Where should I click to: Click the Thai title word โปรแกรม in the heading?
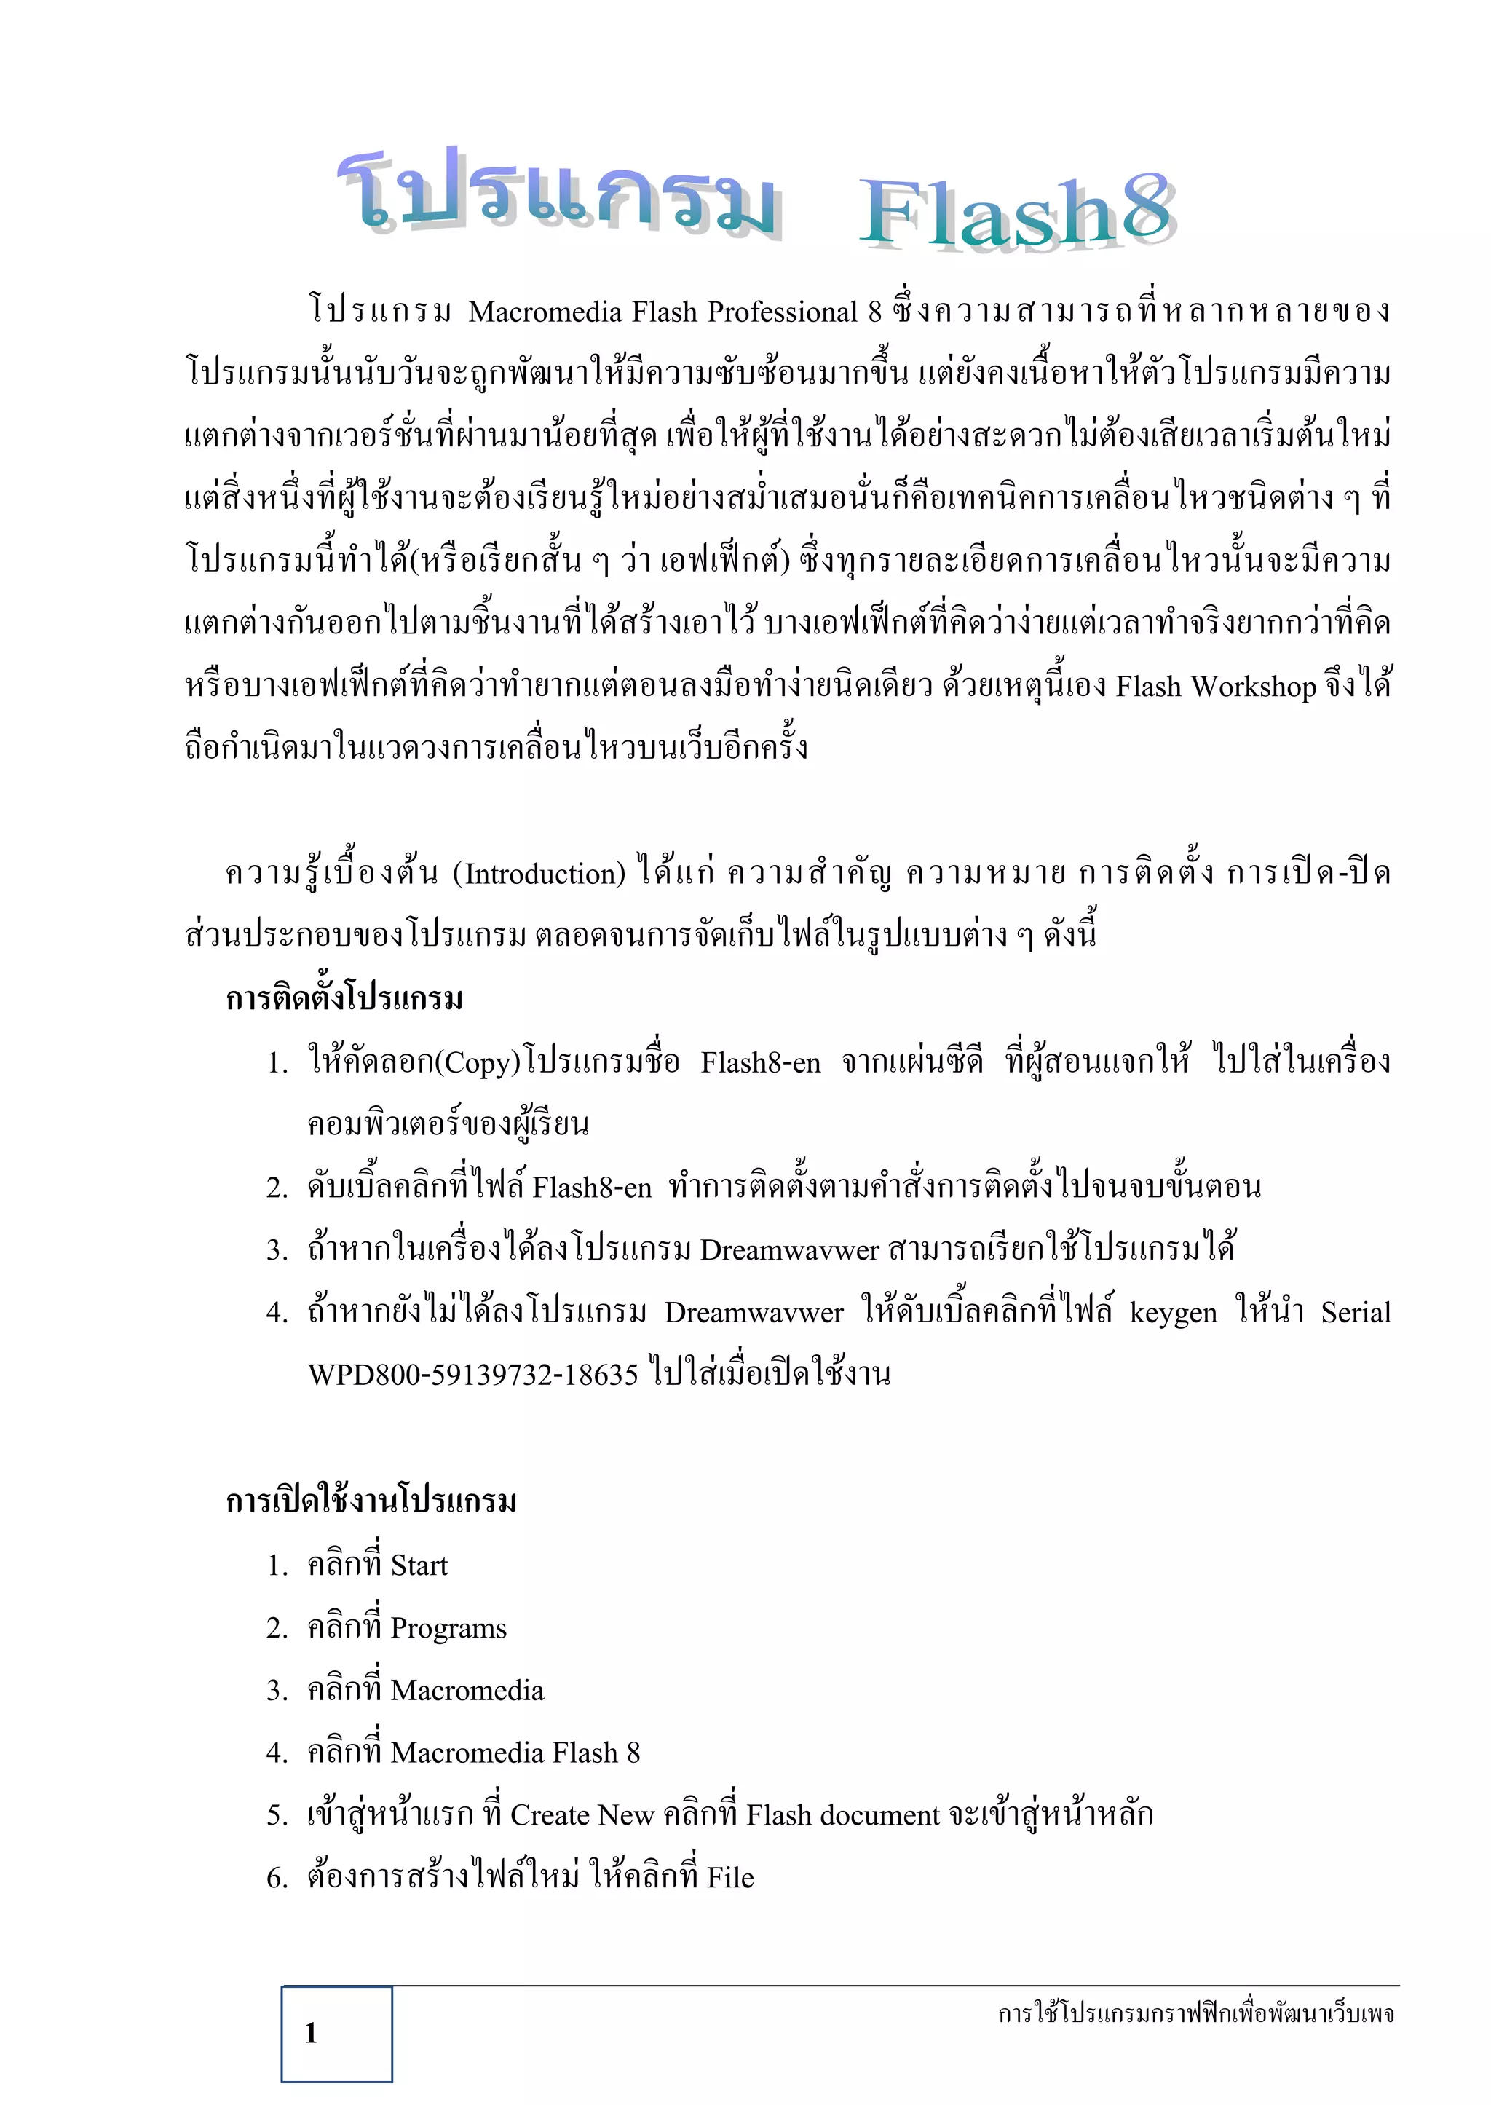[559, 191]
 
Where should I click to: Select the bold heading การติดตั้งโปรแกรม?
[344, 998]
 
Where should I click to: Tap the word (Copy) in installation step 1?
[478, 1063]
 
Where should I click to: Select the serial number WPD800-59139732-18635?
[472, 1375]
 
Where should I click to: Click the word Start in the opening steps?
[419, 1565]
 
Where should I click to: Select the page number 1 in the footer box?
[312, 2034]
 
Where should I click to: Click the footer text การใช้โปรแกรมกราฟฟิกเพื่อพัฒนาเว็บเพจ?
[1195, 2013]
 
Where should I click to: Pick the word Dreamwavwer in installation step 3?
[788, 1250]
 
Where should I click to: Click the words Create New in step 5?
[581, 1815]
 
